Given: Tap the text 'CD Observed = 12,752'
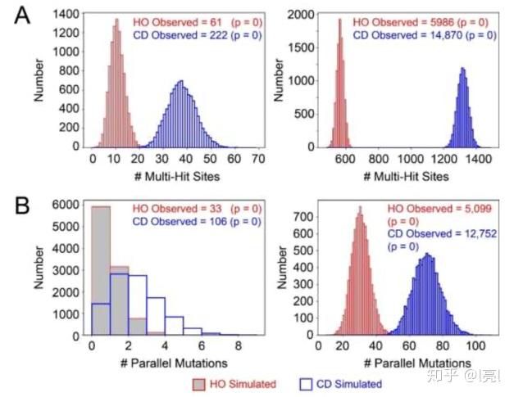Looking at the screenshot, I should tap(427, 233).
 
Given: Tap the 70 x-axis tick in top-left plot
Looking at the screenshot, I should tap(258, 160).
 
